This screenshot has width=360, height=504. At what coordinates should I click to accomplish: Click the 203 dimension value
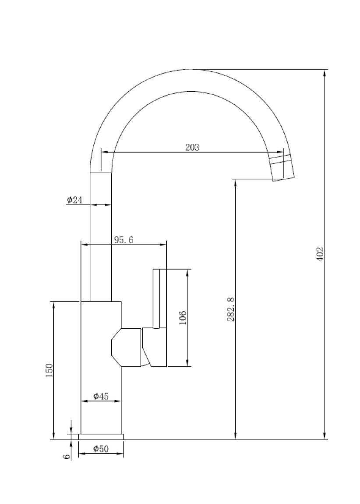[192, 147]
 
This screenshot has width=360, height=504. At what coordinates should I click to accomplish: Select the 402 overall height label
[320, 254]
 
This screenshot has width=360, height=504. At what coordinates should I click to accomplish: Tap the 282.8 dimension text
[231, 309]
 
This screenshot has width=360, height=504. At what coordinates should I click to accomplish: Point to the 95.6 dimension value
[124, 240]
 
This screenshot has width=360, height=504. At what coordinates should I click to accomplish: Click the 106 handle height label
[183, 317]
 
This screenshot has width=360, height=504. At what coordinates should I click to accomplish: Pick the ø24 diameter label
[74, 200]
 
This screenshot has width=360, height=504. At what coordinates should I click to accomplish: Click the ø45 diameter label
[101, 396]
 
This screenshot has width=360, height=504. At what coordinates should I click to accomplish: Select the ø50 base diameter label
[101, 449]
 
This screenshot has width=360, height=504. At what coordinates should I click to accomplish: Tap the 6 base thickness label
[67, 456]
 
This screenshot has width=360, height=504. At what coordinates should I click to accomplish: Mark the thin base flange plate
[101, 437]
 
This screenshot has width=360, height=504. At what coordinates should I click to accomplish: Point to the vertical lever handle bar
[159, 298]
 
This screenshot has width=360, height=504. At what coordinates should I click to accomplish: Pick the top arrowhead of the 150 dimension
[53, 306]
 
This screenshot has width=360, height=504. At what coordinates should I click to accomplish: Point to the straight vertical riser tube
[101, 237]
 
